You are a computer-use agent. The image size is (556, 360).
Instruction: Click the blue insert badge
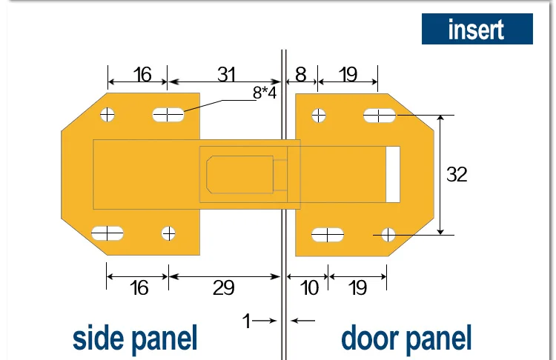pyautogui.click(x=477, y=29)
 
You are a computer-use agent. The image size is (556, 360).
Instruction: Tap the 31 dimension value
pyautogui.click(x=226, y=74)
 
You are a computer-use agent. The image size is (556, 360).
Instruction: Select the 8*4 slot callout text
pyautogui.click(x=265, y=93)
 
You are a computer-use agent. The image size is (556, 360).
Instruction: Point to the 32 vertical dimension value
pyautogui.click(x=457, y=174)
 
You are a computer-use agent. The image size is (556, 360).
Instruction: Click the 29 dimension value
pyautogui.click(x=223, y=287)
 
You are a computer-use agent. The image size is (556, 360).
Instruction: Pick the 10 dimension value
pyautogui.click(x=309, y=287)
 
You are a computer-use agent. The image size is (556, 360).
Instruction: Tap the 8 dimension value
pyautogui.click(x=300, y=74)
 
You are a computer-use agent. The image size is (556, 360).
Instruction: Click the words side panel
pyautogui.click(x=135, y=339)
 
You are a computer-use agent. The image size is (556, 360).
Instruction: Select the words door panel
pyautogui.click(x=406, y=339)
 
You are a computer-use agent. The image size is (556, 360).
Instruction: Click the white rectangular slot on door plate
pyautogui.click(x=393, y=174)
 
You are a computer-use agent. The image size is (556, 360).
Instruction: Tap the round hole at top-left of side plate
pyautogui.click(x=107, y=115)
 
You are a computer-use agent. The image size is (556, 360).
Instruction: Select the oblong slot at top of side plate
pyautogui.click(x=168, y=115)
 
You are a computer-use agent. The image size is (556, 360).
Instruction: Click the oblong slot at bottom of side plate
pyautogui.click(x=107, y=233)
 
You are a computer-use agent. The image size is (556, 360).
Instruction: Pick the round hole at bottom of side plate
pyautogui.click(x=168, y=233)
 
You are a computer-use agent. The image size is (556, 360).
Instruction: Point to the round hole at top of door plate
pyautogui.click(x=319, y=116)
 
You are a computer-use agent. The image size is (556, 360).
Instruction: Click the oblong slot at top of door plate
pyautogui.click(x=380, y=116)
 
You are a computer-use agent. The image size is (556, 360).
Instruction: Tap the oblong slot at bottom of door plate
pyautogui.click(x=328, y=235)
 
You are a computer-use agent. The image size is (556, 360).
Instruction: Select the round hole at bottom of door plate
pyautogui.click(x=388, y=235)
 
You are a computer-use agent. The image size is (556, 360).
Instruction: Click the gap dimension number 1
pyautogui.click(x=246, y=321)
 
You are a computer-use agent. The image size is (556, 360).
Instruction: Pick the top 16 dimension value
pyautogui.click(x=142, y=74)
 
